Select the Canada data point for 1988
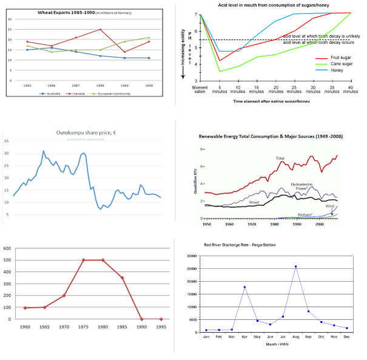[100, 29]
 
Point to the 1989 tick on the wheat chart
[125, 86]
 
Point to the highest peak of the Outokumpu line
[43, 151]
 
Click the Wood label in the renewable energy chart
[254, 202]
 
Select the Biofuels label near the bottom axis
[307, 214]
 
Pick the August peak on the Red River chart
[295, 267]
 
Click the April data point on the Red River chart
[244, 287]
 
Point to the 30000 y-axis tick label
[194, 256]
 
